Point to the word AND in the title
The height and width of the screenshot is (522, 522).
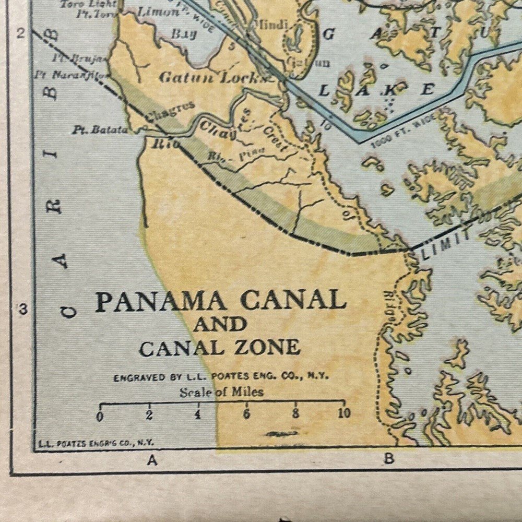click(x=220, y=325)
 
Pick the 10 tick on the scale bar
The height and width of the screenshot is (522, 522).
click(x=343, y=414)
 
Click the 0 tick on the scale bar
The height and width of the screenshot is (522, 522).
click(x=100, y=416)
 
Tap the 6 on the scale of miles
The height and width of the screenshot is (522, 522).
click(x=246, y=415)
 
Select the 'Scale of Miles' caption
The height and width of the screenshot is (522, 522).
click(x=221, y=392)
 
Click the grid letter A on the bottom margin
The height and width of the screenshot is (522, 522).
click(x=152, y=460)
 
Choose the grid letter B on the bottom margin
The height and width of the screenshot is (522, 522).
click(x=388, y=459)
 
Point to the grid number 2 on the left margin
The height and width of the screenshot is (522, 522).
click(x=21, y=34)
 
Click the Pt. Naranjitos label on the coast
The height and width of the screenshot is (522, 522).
click(x=70, y=75)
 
